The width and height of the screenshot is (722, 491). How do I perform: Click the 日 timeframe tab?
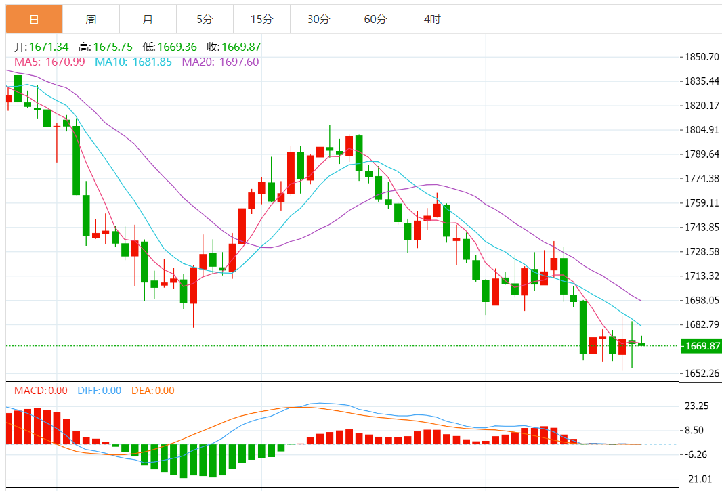pyautogui.click(x=34, y=19)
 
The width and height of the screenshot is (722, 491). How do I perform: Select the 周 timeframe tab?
pyautogui.click(x=91, y=19)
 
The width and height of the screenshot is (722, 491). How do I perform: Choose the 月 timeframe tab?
pyautogui.click(x=148, y=19)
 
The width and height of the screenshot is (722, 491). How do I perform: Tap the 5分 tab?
pyautogui.click(x=205, y=19)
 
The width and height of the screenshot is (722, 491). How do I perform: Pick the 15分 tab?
pyautogui.click(x=261, y=19)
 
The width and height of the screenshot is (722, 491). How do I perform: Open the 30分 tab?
pyautogui.click(x=318, y=19)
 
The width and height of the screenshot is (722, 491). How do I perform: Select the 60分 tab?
pyautogui.click(x=375, y=19)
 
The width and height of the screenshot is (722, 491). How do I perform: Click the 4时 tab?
pyautogui.click(x=432, y=19)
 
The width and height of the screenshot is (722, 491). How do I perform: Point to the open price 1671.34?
pyautogui.click(x=49, y=47)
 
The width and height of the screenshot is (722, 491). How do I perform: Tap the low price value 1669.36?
pyautogui.click(x=177, y=47)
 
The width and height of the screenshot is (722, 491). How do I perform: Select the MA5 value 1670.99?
pyautogui.click(x=64, y=62)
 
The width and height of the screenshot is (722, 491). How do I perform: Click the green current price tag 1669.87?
pyautogui.click(x=700, y=346)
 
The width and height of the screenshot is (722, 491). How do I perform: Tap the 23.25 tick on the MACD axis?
pyautogui.click(x=698, y=406)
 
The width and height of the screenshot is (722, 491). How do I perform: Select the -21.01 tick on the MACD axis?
pyautogui.click(x=698, y=479)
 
